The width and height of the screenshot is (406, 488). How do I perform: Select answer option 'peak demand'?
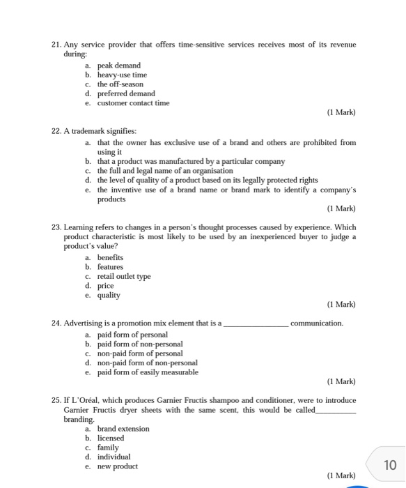tap(118, 66)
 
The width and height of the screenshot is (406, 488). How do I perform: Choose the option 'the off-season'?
tap(120, 84)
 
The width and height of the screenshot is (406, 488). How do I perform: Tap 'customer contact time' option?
tap(133, 103)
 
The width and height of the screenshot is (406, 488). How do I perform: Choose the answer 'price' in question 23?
tap(105, 286)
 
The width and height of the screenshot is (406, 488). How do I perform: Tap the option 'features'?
tap(110, 267)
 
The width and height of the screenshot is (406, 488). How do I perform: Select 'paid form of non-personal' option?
tap(140, 344)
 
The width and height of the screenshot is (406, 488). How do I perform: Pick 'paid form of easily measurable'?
tap(148, 372)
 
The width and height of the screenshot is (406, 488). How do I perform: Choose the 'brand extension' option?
tap(123, 429)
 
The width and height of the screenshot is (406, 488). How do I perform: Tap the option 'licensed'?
tap(110, 439)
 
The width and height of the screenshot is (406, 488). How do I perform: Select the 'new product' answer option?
tap(117, 466)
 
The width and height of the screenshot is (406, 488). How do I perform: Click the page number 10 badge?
tap(389, 465)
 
